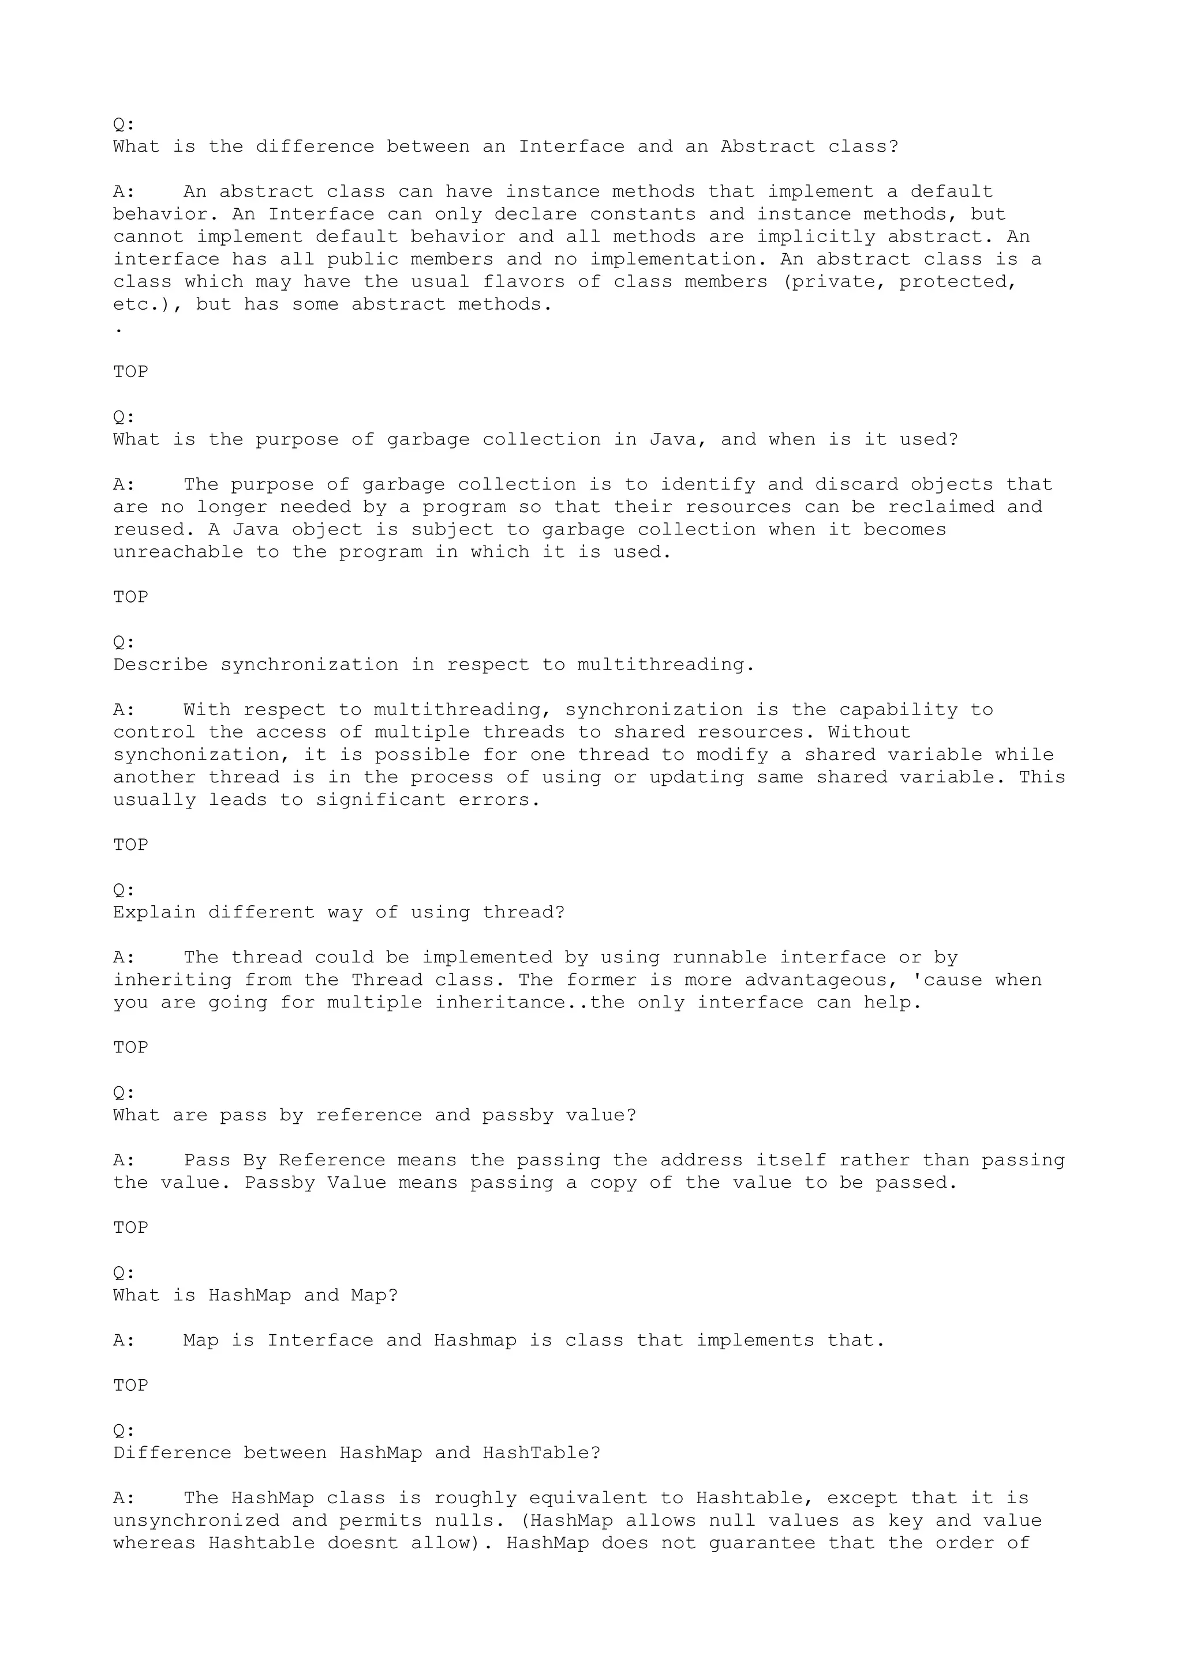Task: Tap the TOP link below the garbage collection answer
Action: coord(130,597)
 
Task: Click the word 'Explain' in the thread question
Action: coord(154,913)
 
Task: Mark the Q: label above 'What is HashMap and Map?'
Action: coord(124,1273)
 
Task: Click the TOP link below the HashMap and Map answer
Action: coord(130,1386)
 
